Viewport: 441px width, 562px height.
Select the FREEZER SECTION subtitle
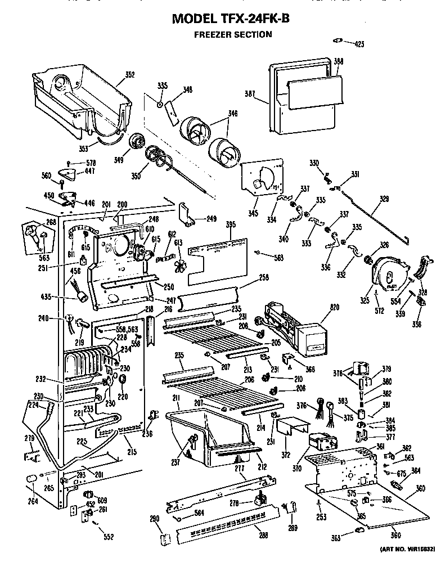click(x=232, y=34)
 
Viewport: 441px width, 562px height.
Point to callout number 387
click(x=251, y=94)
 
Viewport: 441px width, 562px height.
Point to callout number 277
click(x=240, y=468)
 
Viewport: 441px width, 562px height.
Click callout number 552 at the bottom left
click(x=109, y=536)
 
